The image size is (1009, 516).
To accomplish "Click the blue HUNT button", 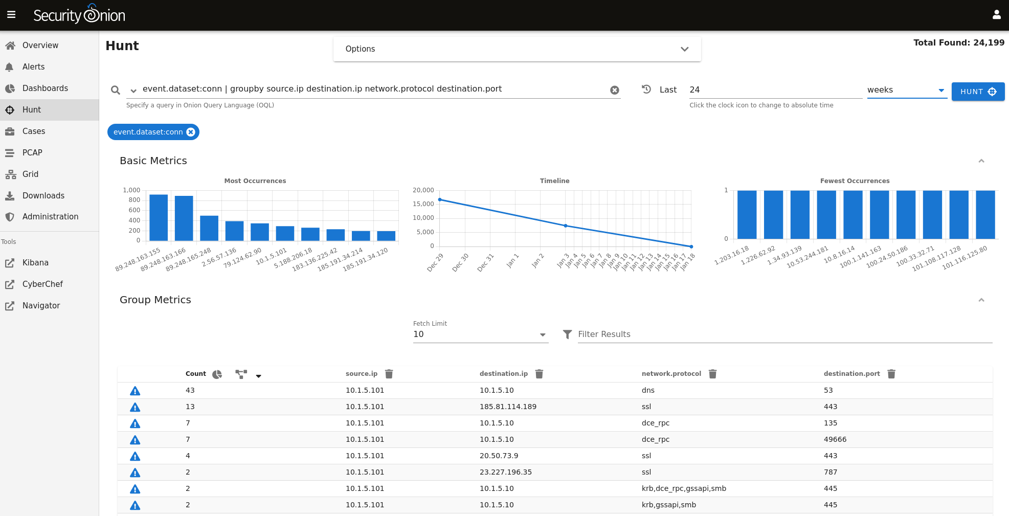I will coord(978,92).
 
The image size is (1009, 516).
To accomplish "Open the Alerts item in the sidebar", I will coord(33,67).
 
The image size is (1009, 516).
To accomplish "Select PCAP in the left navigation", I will coord(32,153).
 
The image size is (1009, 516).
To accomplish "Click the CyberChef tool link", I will coord(42,284).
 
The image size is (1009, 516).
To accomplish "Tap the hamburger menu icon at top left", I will coord(11,15).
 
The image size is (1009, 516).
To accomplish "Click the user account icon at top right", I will coord(996,15).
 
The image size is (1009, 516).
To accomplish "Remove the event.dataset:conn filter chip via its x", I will coord(191,132).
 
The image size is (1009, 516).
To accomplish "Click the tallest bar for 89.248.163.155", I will coord(159,217).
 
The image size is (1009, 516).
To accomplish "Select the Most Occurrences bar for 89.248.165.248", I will coord(209,228).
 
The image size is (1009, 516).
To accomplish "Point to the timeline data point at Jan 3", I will coord(566,226).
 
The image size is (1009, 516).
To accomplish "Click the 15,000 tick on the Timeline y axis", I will coord(423,204).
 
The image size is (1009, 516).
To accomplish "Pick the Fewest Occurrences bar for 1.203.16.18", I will coord(747,215).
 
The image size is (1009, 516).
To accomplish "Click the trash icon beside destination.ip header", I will coord(539,374).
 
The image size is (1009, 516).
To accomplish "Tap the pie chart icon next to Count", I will coord(217,374).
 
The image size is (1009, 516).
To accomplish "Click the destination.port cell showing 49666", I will coord(835,439).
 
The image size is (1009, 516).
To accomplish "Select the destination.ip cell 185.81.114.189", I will coord(508,407).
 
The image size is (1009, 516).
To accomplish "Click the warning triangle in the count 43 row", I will coord(135,391).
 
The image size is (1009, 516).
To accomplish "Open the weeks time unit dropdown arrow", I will coord(941,91).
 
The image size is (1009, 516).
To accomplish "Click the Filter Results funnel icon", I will coord(567,334).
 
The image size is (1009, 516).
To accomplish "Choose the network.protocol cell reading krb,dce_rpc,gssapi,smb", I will coord(684,488).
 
